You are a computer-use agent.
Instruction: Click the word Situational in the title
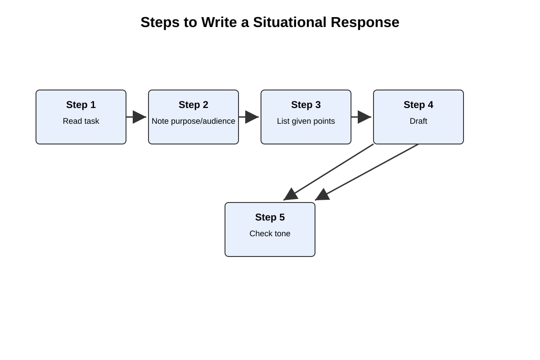point(289,22)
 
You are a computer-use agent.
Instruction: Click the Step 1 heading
point(81,105)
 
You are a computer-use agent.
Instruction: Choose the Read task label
point(81,121)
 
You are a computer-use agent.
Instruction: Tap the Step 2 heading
point(193,105)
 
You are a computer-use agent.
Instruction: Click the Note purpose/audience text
point(193,121)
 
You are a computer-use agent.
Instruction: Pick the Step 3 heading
point(306,105)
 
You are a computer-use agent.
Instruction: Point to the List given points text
point(306,121)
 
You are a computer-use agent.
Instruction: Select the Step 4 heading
point(418,105)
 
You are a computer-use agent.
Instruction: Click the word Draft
point(418,121)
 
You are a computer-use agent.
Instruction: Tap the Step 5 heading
point(270,217)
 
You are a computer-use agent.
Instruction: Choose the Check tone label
point(270,234)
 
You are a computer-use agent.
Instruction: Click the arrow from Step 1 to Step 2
point(136,117)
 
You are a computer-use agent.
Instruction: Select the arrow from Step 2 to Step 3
point(249,117)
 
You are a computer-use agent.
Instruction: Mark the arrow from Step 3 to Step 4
point(361,117)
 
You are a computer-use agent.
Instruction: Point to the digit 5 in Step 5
point(282,217)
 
